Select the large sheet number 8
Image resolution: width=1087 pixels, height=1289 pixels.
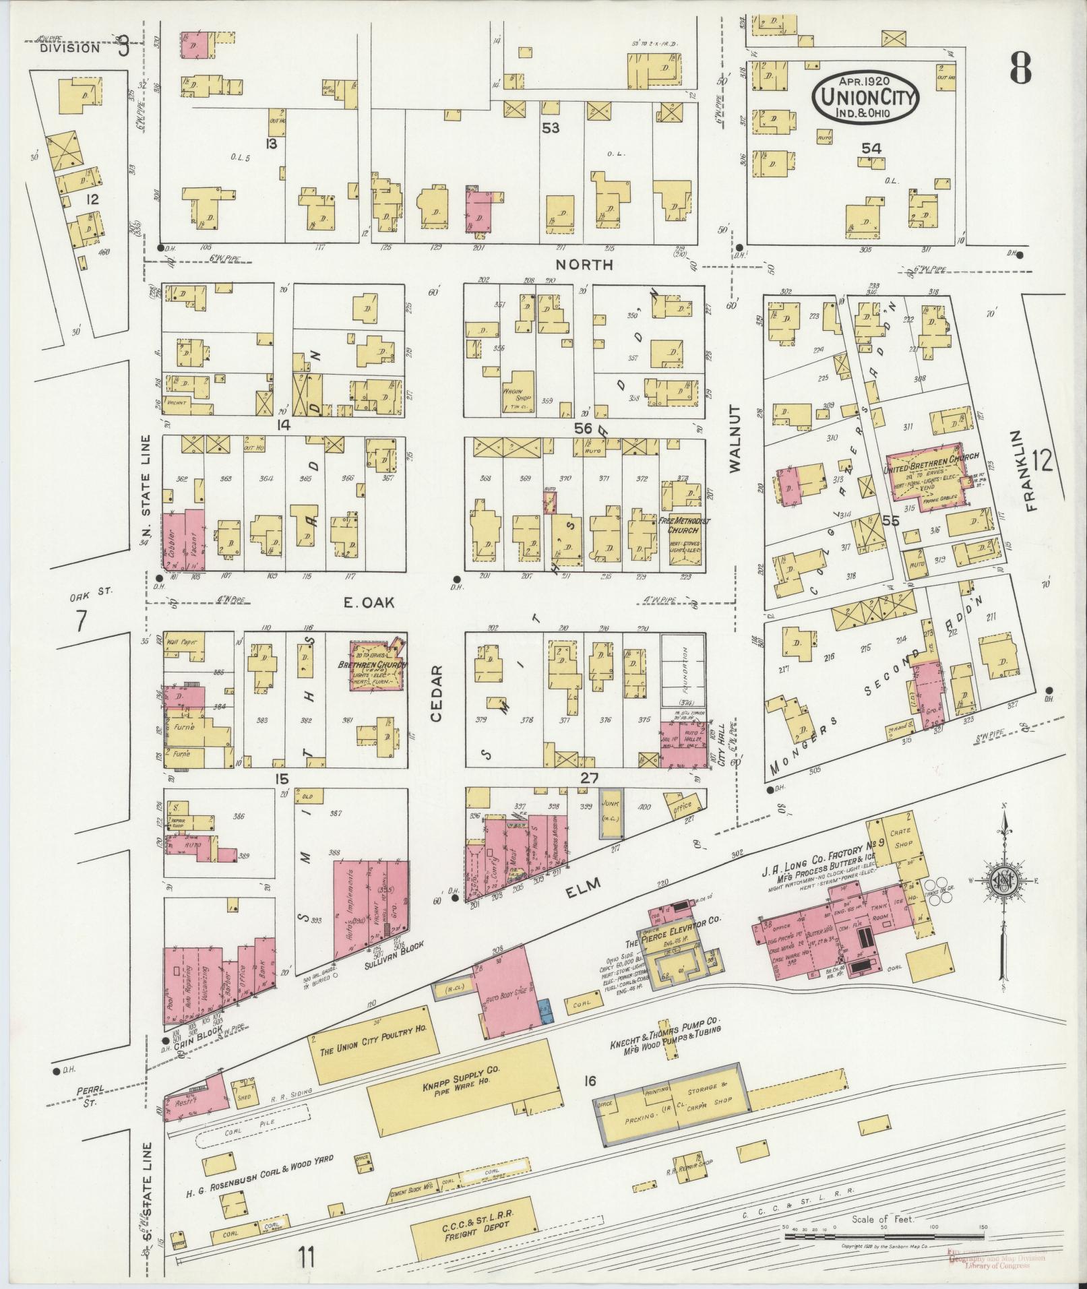coord(1021,67)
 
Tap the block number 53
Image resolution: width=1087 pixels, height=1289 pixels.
coord(551,127)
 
